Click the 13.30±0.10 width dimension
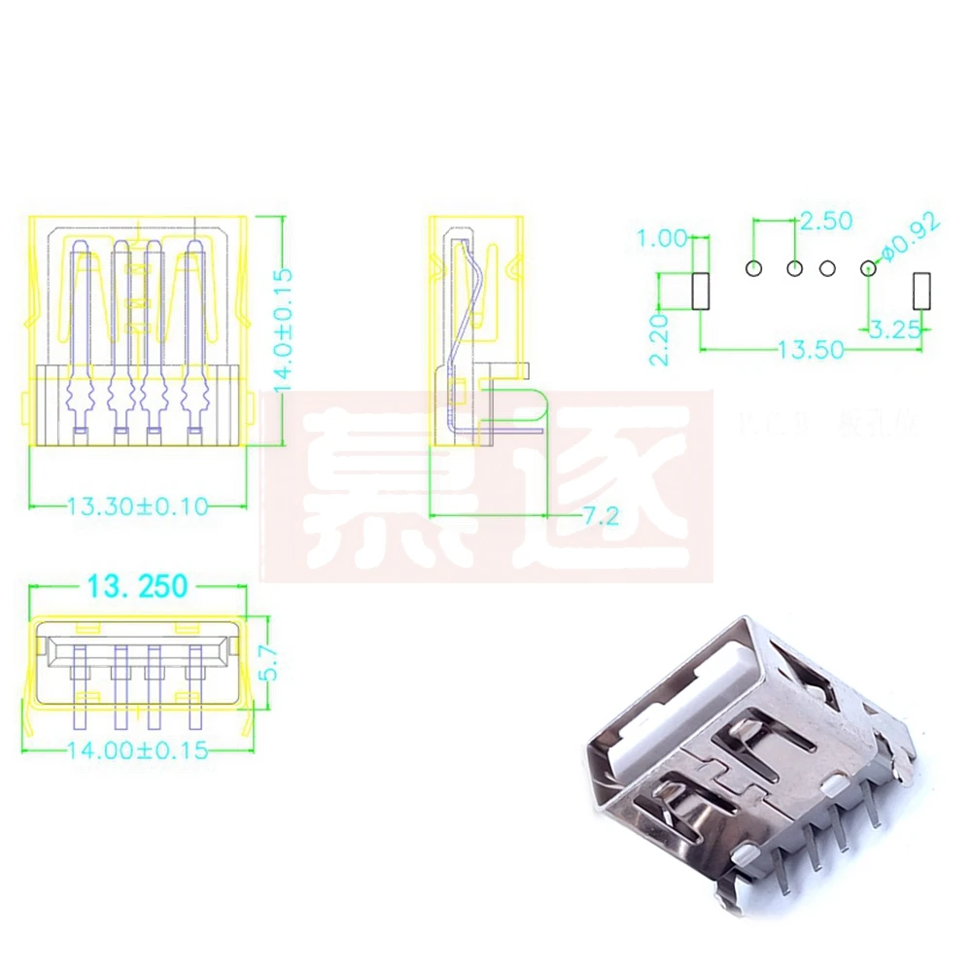pos(137,505)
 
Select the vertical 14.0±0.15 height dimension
pos(284,330)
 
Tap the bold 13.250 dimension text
pos(137,587)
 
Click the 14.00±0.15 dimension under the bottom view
pos(137,750)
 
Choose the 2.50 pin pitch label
pos(824,220)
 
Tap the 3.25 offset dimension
pos(894,330)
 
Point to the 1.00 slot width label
pos(661,236)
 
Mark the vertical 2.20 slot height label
pos(659,339)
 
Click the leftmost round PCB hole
pos(754,267)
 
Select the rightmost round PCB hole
pos(868,267)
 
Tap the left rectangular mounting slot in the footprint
pos(700,292)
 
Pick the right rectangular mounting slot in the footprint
pos(922,292)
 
